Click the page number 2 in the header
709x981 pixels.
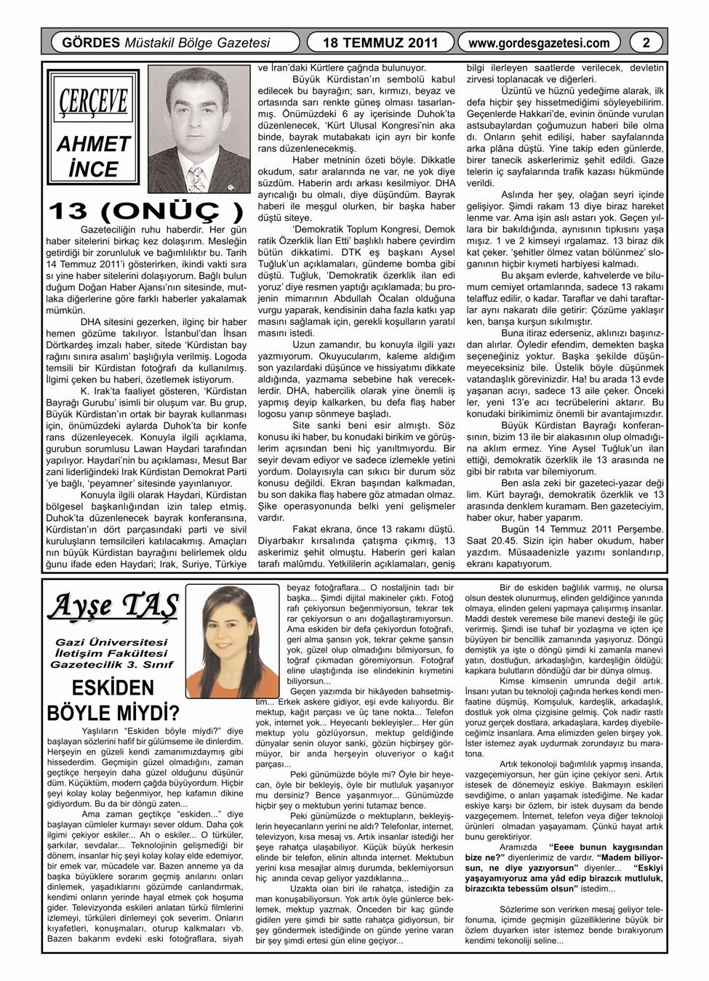pyautogui.click(x=645, y=43)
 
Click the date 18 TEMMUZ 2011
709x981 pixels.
pyautogui.click(x=380, y=43)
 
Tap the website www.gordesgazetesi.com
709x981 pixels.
pyautogui.click(x=539, y=43)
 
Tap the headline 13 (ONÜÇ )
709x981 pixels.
pyautogui.click(x=145, y=211)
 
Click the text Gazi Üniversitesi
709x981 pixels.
pyautogui.click(x=112, y=642)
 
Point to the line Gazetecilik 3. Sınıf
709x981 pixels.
pyautogui.click(x=112, y=664)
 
